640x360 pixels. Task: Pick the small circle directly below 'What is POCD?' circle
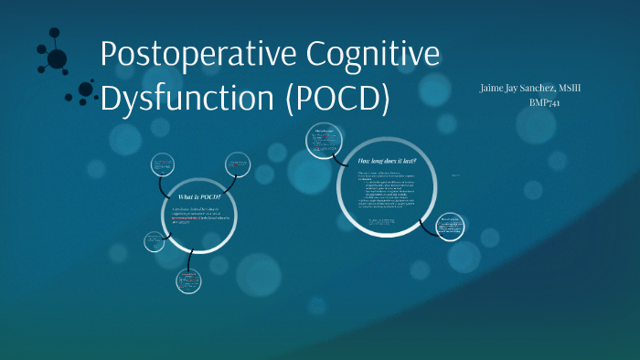tap(188, 281)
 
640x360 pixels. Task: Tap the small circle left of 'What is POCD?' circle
tap(154, 241)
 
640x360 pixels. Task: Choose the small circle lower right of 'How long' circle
tap(451, 227)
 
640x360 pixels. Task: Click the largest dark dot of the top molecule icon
tap(57, 59)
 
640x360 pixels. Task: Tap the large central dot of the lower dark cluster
tap(86, 90)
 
